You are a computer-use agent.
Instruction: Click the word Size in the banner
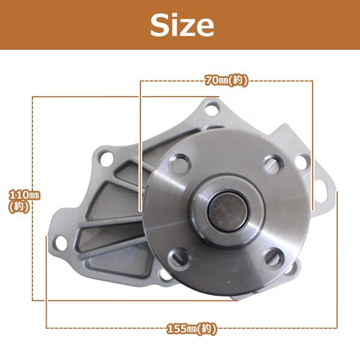(182, 25)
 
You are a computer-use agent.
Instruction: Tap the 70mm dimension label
(226, 81)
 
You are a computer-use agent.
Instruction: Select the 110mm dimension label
(24, 201)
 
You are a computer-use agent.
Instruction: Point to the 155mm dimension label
(191, 329)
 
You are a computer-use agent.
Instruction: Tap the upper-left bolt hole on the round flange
(180, 164)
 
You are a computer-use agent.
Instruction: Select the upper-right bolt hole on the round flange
(273, 164)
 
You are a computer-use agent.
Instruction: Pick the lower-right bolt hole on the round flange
(274, 258)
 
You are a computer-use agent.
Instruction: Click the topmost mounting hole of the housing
(212, 109)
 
